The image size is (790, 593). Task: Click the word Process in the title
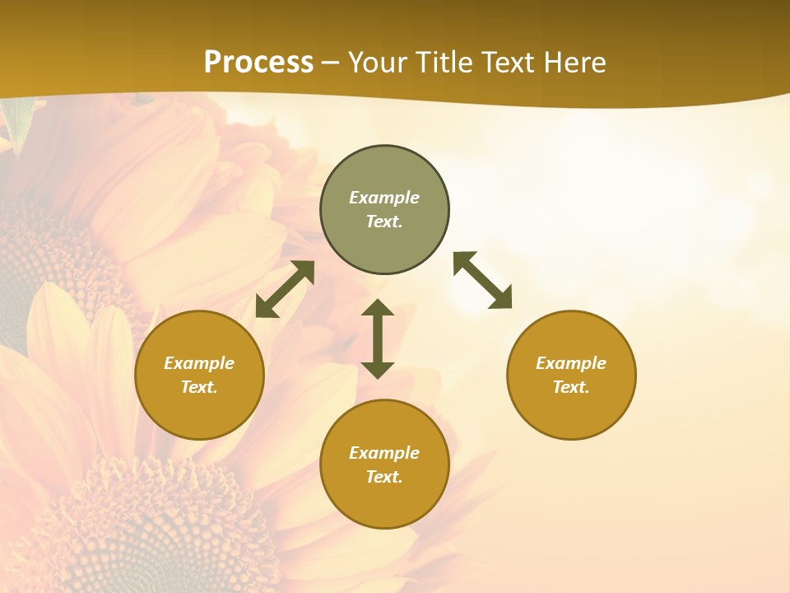click(258, 62)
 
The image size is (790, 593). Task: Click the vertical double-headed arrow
click(378, 339)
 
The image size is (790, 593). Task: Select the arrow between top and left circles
click(285, 289)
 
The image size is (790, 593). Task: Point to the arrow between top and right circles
click(482, 280)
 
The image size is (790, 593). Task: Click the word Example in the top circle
click(384, 198)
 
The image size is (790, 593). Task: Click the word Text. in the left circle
click(199, 387)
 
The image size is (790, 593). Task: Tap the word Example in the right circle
click(571, 363)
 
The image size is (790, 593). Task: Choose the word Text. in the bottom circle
click(384, 477)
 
